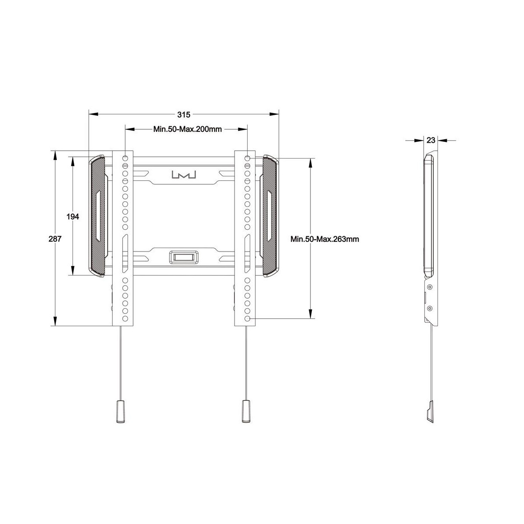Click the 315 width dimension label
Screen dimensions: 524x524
click(184, 115)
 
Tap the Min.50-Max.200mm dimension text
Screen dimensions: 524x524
click(188, 129)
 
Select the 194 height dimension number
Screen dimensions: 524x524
click(73, 217)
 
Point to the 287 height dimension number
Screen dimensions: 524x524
click(55, 239)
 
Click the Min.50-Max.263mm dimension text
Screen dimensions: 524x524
click(325, 239)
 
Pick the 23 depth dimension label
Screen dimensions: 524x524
click(431, 140)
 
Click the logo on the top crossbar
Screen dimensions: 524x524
click(184, 175)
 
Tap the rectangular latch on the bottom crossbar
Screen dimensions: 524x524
click(184, 257)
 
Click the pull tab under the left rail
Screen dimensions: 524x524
click(121, 415)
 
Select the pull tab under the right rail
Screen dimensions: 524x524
click(246, 415)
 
